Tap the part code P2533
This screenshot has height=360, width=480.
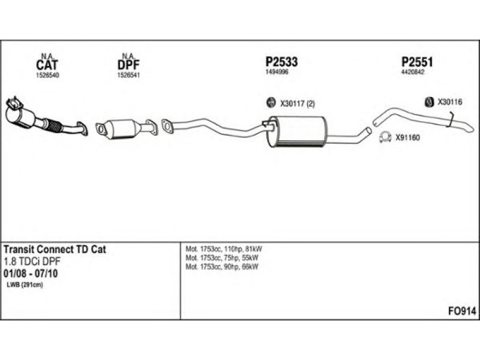tap(281, 62)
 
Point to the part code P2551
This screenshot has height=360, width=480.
tap(417, 62)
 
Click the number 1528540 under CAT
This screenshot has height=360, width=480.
tap(47, 76)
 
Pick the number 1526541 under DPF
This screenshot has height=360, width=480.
tap(129, 76)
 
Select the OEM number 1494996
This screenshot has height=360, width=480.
tap(277, 72)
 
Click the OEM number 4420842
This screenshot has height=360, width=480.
tap(413, 72)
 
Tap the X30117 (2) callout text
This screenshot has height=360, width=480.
tap(298, 104)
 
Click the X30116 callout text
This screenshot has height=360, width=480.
tap(449, 102)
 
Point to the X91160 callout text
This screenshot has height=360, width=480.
tap(407, 137)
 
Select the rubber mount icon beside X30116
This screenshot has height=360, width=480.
tap(430, 102)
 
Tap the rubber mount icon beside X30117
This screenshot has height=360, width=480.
tap(270, 103)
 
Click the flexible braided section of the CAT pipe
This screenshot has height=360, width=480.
tap(53, 125)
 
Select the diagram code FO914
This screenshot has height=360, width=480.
tap(463, 311)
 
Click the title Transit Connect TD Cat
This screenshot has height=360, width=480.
tap(55, 250)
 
